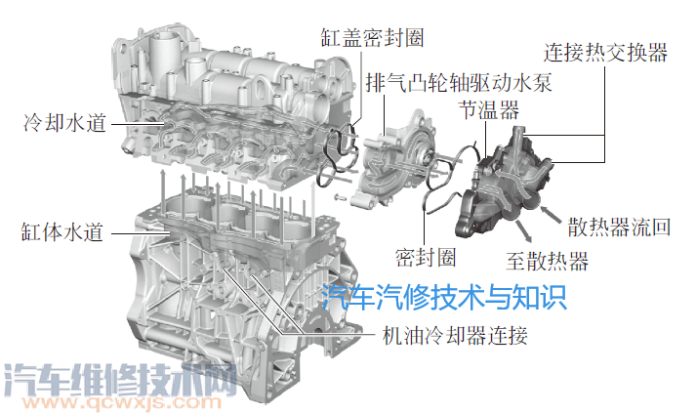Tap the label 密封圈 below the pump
[x=426, y=257]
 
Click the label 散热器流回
[x=619, y=229]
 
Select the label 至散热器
[x=547, y=261]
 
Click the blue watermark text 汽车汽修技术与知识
[x=444, y=295]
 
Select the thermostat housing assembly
[x=508, y=186]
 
